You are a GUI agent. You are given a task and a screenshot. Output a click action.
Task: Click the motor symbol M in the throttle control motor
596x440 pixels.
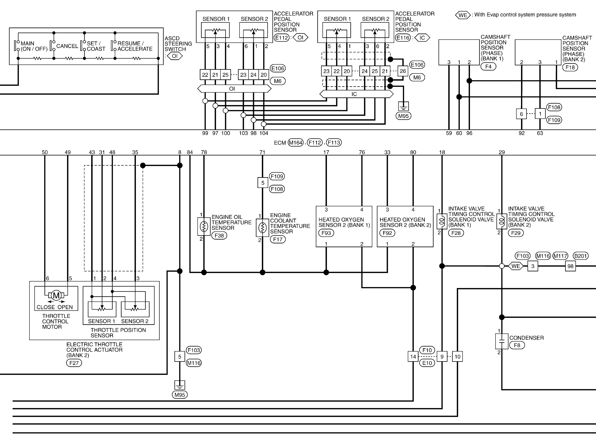(56, 295)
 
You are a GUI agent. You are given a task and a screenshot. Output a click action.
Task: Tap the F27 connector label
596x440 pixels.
(74, 363)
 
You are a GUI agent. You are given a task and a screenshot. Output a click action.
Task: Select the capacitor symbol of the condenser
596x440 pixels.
(501, 341)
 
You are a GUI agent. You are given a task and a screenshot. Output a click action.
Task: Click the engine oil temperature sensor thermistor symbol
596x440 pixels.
(204, 226)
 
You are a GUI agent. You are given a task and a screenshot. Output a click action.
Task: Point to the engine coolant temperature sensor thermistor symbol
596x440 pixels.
(262, 228)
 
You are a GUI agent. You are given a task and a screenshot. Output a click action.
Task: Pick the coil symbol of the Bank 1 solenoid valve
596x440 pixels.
(442, 221)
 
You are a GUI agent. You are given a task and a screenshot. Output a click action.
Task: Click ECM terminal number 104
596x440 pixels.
(264, 133)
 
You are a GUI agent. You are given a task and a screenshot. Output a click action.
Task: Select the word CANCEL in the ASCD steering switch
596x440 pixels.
(67, 46)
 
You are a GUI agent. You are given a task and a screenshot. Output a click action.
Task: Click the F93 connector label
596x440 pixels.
(326, 233)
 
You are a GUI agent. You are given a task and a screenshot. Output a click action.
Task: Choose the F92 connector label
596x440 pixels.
(387, 233)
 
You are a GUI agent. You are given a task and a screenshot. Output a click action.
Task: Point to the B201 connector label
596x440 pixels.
(581, 256)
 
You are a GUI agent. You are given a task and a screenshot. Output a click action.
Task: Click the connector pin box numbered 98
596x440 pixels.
(570, 266)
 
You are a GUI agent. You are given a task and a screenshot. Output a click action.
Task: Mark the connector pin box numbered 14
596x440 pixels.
(413, 357)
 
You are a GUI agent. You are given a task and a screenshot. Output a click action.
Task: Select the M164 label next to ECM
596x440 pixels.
(296, 143)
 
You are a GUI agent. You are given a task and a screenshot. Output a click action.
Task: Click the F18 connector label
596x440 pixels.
(570, 67)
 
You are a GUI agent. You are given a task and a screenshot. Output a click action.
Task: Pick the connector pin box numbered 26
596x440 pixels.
(403, 71)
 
